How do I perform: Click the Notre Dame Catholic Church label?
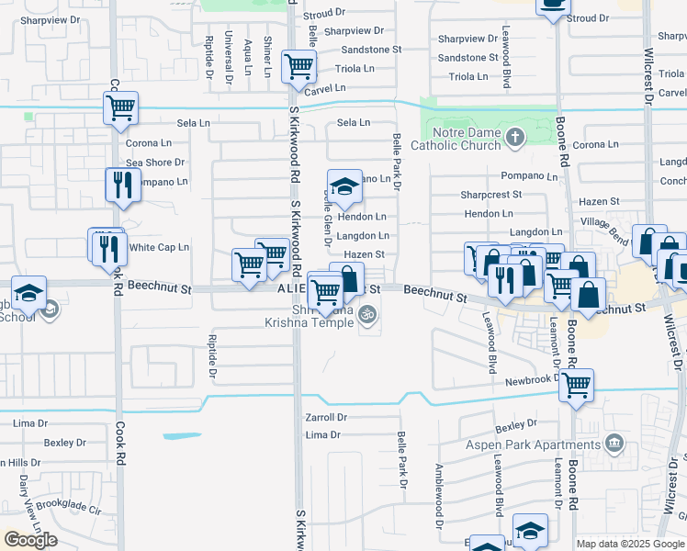[455, 139]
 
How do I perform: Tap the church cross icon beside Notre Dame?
[515, 139]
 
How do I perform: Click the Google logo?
[30, 539]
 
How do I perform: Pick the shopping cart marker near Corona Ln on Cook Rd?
[121, 107]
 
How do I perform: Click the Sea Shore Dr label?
[155, 163]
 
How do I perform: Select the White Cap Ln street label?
[159, 247]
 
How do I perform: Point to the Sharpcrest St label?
[491, 195]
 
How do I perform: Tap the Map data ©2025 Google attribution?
[629, 544]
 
